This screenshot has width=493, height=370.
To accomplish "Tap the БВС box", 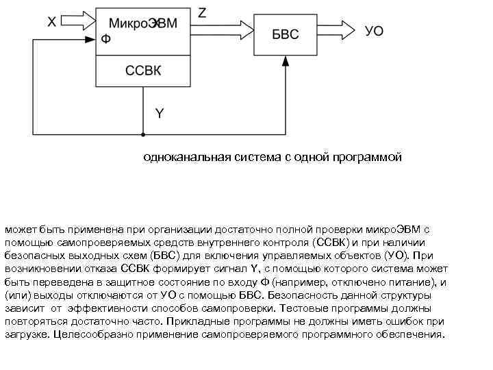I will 286,34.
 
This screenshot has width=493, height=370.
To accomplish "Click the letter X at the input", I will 52,23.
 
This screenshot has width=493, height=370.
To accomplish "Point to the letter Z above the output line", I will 203,12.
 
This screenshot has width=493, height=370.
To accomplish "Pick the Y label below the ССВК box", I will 160,114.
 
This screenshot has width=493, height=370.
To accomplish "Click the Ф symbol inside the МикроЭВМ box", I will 105,39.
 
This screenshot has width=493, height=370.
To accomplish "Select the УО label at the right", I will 375,32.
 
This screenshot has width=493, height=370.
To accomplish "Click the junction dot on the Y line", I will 142,134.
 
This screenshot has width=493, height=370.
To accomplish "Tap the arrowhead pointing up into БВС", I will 286,61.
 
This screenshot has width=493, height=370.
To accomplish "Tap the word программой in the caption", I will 368,158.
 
